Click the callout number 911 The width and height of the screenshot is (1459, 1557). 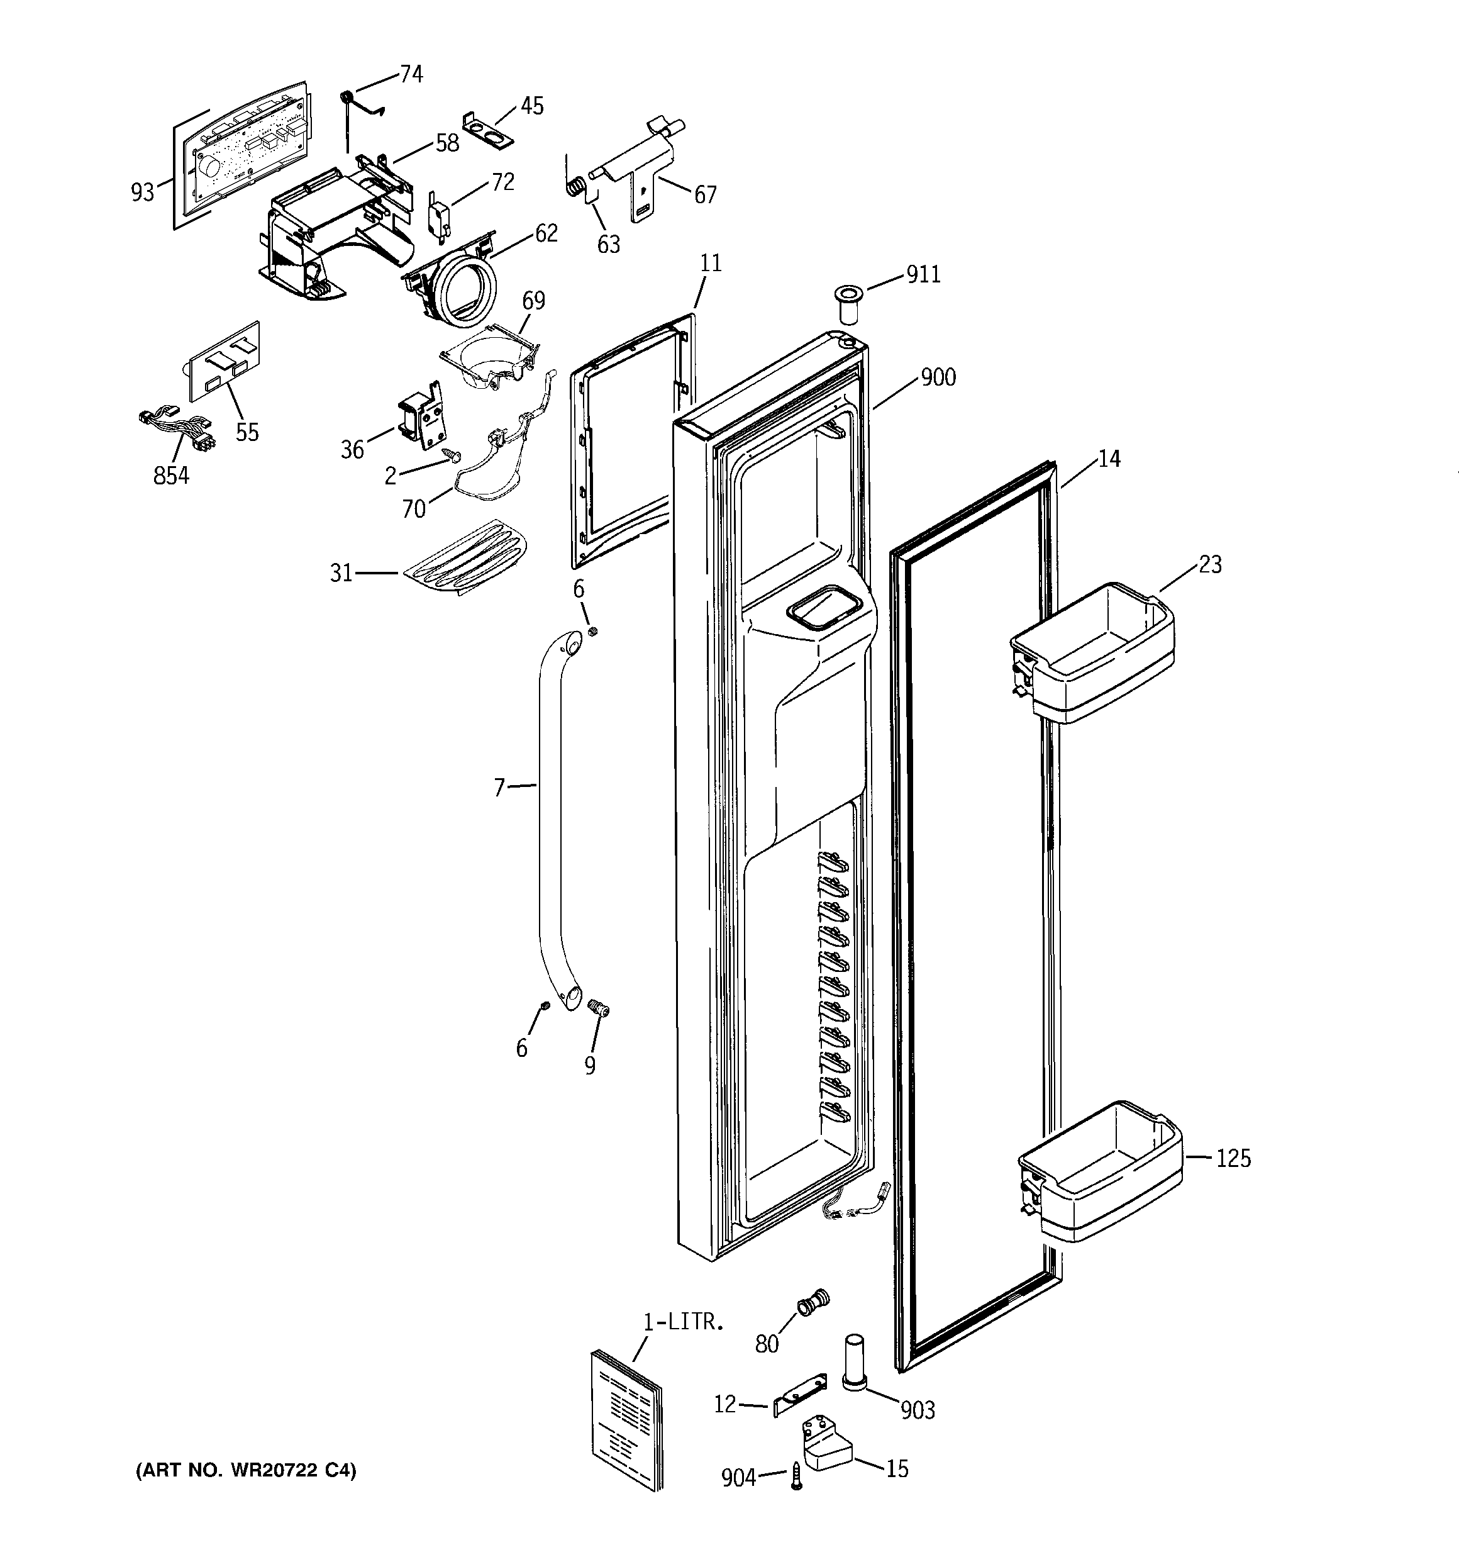tap(923, 275)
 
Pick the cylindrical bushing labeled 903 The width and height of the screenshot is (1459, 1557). tap(856, 1363)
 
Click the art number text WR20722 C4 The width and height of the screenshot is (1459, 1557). tap(246, 1471)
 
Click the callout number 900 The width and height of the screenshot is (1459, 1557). tap(938, 377)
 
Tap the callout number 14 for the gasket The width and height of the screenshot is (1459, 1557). tap(1108, 459)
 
